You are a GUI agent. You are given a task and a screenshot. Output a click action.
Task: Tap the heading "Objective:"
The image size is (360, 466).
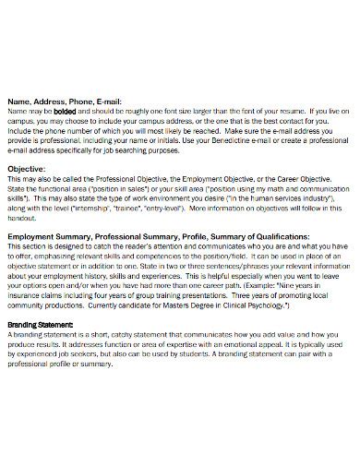[x=29, y=169]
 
